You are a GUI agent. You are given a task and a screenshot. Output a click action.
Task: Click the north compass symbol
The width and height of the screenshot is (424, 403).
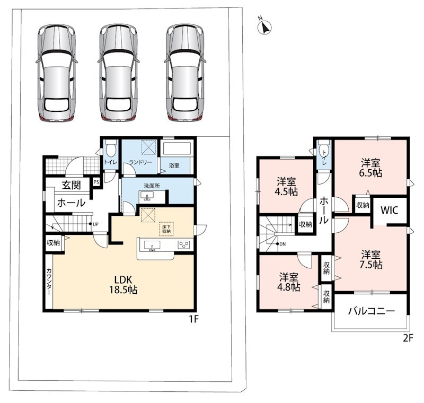pos(264,27)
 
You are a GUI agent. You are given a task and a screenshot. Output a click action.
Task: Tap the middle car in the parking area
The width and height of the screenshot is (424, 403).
pos(118,72)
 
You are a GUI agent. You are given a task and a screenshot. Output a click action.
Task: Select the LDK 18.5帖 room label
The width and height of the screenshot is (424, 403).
pos(123,285)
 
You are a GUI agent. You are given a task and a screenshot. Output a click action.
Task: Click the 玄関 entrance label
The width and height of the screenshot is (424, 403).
pos(72,185)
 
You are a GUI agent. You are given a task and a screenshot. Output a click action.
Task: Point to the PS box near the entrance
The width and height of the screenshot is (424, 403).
pos(96,182)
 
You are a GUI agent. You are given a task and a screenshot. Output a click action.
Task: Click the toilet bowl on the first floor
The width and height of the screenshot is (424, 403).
pos(111,148)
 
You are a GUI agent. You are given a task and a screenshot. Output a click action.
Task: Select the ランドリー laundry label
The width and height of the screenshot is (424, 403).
pos(140,162)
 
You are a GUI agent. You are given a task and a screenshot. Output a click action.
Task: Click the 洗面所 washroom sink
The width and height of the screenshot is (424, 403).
pos(147,196)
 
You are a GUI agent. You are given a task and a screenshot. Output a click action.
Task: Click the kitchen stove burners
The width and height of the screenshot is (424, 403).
pos(183,245)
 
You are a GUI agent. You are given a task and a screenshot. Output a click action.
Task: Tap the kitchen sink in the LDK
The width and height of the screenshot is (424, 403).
pos(152,246)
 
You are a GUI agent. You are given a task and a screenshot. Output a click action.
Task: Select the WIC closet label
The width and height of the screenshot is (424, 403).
pos(390,210)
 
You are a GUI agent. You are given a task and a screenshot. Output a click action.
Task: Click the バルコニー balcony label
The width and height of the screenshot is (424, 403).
pos(372,311)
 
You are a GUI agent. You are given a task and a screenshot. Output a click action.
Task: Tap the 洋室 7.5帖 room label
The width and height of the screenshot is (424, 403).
pos(370,260)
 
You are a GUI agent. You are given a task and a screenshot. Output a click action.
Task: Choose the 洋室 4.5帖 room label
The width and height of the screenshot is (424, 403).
pos(286,186)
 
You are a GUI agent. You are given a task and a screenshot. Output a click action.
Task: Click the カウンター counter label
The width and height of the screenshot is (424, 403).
pos(49,282)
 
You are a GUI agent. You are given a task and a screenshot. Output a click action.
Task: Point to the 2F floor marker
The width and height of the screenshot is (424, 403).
pos(408,338)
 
